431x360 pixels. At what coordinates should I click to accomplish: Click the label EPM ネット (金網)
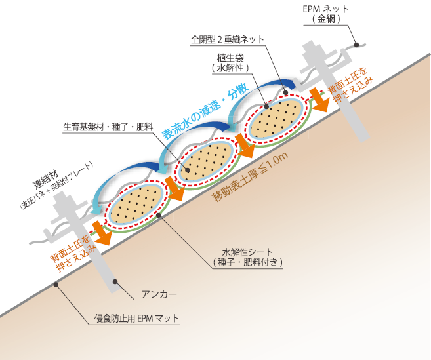point(326,14)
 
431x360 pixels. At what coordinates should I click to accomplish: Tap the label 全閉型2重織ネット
point(228,39)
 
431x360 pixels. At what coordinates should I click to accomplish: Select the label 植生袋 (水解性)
point(230,63)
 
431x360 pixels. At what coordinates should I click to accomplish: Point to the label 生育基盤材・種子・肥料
point(108,127)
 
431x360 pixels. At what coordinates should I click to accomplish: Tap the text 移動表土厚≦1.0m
point(250,176)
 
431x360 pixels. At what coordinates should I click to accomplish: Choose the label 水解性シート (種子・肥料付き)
point(248,257)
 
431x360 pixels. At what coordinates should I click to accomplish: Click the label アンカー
point(159,294)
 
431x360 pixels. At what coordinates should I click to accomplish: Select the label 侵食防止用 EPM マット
point(136,319)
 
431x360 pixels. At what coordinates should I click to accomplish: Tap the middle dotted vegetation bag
point(207,161)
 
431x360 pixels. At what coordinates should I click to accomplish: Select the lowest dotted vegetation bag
point(136,204)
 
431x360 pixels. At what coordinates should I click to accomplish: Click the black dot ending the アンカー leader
point(115,282)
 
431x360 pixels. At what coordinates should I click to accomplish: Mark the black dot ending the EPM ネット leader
point(356,45)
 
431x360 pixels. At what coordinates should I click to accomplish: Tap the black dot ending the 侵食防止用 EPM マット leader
point(56,285)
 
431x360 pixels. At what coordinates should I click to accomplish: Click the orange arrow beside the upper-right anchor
point(319,100)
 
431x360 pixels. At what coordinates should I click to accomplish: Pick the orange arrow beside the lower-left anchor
point(102,233)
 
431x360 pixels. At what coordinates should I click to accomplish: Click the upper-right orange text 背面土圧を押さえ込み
point(350,85)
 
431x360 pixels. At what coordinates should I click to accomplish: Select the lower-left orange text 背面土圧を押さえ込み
point(73,253)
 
